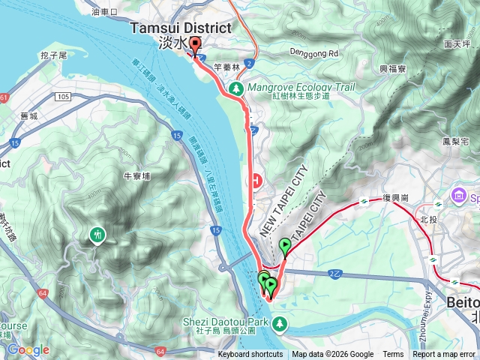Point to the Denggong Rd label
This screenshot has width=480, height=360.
(x=315, y=53)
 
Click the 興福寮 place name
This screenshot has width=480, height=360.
(x=392, y=68)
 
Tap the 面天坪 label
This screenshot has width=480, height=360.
(x=456, y=44)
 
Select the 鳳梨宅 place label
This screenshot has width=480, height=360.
(x=455, y=141)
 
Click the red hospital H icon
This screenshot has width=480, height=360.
(x=257, y=181)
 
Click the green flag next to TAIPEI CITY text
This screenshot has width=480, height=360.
(x=285, y=246)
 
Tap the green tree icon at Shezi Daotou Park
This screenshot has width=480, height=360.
(x=279, y=323)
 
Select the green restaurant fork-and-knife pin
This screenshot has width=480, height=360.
(x=97, y=235)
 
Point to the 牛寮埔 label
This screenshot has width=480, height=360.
(x=136, y=176)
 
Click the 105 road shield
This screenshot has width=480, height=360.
(x=62, y=97)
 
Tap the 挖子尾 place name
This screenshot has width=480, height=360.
(x=54, y=55)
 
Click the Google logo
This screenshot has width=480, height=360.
(x=28, y=349)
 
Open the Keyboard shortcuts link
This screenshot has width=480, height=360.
(x=250, y=355)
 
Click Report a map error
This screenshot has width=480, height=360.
(x=444, y=355)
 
